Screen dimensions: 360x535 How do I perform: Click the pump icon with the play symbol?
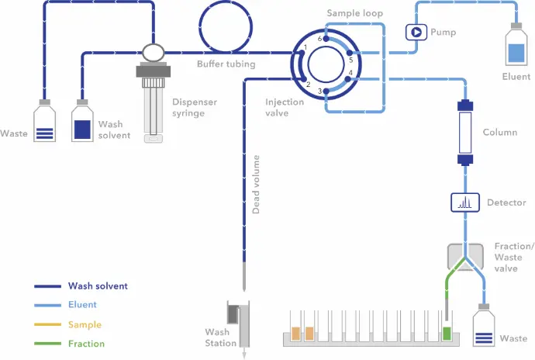click(416, 32)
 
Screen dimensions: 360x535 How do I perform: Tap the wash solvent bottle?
click(83, 123)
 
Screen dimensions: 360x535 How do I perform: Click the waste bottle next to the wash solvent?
click(45, 123)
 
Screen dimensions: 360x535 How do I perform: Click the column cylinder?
click(466, 133)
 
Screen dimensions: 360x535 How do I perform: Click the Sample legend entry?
click(85, 324)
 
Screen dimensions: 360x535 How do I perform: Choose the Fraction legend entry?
click(86, 344)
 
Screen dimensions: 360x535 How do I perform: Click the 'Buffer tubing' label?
click(226, 64)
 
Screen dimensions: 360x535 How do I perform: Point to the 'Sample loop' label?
click(355, 14)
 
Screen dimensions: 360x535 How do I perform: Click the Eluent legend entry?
click(82, 305)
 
